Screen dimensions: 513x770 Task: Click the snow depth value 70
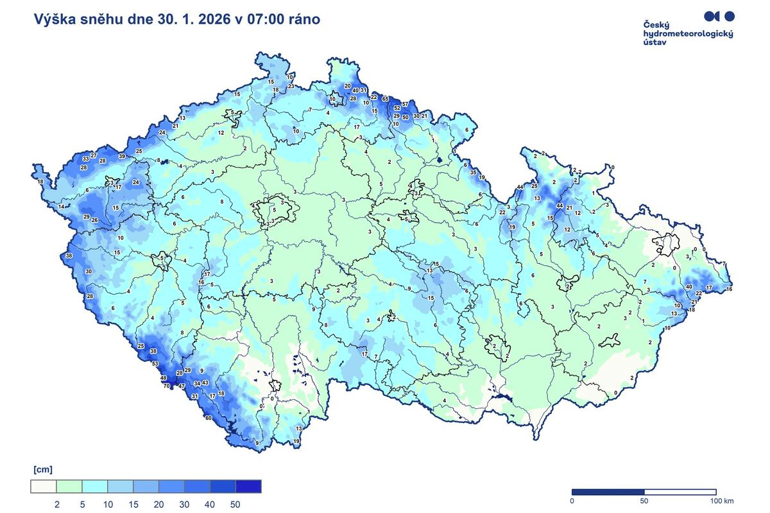tap(166, 386)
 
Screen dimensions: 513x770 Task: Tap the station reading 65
tap(386, 99)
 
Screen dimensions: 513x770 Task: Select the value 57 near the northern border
tap(406, 104)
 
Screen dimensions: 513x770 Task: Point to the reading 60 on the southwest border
tap(209, 418)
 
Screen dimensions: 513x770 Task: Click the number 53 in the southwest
tap(155, 363)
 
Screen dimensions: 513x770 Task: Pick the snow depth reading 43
tap(205, 383)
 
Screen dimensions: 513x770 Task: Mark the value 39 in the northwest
tap(122, 156)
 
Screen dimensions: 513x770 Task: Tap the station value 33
tap(85, 158)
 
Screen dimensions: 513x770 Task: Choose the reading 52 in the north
tap(397, 108)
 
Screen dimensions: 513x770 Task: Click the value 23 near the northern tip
tap(291, 86)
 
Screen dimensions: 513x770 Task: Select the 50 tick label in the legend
tap(235, 505)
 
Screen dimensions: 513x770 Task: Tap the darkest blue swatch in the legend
tap(248, 487)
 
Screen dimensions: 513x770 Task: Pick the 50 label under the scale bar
tap(644, 501)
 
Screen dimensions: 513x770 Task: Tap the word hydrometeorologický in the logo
tap(688, 33)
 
